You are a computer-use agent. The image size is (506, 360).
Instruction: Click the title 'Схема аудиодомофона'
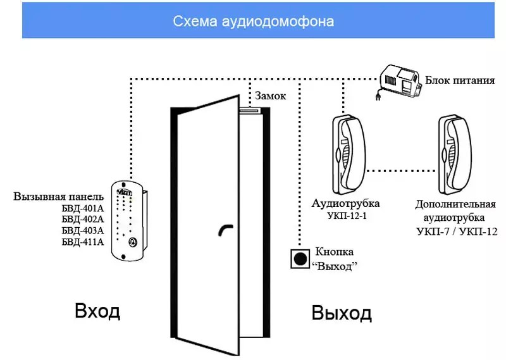tap(253, 21)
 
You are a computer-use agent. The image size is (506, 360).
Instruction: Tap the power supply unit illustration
tap(400, 80)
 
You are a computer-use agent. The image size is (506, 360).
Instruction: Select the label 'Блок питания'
tap(459, 80)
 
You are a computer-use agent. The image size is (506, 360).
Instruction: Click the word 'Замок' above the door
tap(270, 96)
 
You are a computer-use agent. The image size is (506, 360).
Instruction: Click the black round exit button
tap(299, 258)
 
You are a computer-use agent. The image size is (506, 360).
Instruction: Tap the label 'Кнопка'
tap(333, 252)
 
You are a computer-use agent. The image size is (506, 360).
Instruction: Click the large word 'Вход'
tap(97, 311)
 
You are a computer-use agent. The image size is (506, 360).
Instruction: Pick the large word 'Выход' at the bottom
tap(342, 312)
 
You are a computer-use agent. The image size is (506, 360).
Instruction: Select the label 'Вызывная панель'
tap(58, 196)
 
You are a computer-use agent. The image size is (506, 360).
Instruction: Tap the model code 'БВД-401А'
tap(82, 208)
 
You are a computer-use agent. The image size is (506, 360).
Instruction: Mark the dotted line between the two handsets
tap(400, 170)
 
